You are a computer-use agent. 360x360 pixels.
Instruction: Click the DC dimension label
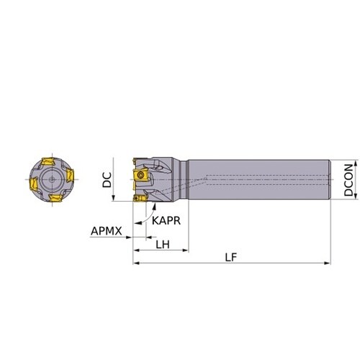click(107, 179)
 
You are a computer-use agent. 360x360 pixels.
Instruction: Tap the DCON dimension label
click(348, 180)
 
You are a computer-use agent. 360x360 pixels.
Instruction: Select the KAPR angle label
click(166, 220)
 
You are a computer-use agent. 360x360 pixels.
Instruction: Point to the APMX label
click(107, 231)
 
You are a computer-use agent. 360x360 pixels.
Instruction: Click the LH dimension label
click(163, 245)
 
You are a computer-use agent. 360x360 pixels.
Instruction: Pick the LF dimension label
click(231, 258)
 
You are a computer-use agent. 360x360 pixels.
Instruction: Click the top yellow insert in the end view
click(49, 161)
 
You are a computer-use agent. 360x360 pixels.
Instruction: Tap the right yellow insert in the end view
click(70, 175)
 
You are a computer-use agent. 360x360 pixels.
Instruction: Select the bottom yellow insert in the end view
click(55, 198)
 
